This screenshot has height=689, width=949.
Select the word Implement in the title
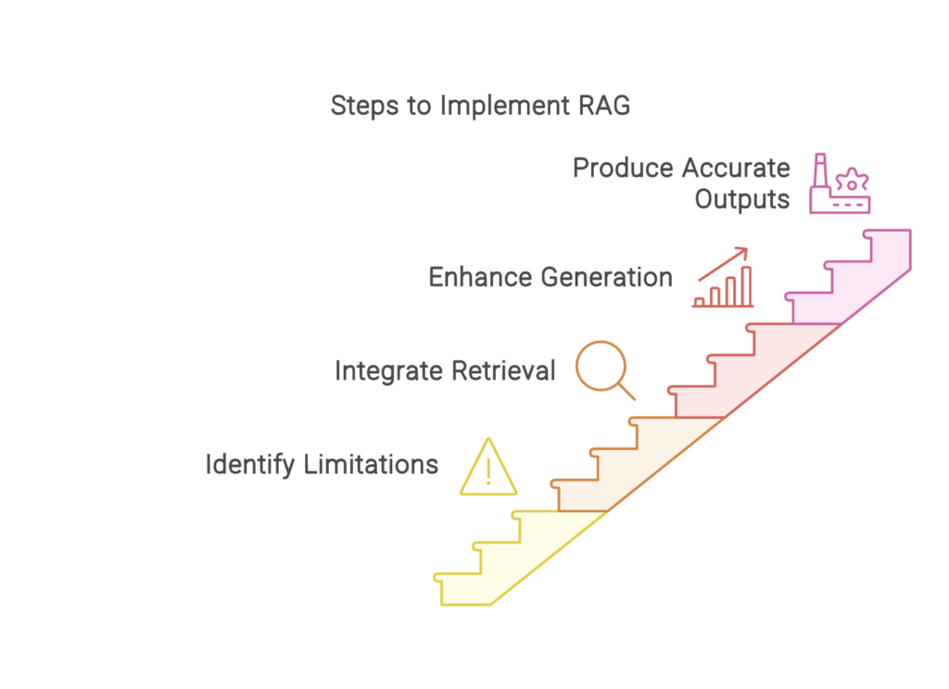(x=505, y=106)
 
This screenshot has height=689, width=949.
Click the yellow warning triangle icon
(x=488, y=467)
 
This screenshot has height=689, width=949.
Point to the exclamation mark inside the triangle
(x=488, y=471)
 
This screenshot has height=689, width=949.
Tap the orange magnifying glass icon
(x=605, y=370)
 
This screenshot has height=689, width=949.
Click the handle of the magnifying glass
(x=626, y=391)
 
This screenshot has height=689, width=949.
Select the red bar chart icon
(x=723, y=277)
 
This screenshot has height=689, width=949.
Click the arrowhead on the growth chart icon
(x=742, y=252)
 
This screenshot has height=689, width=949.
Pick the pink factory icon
(x=840, y=183)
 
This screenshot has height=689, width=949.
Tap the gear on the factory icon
(x=852, y=182)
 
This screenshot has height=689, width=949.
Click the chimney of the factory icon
(x=820, y=170)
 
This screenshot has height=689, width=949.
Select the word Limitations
(x=371, y=465)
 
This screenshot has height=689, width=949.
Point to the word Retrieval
(x=503, y=370)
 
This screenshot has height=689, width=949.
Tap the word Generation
(x=606, y=277)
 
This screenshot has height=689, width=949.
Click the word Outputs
(x=742, y=200)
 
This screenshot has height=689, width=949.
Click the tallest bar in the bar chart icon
(x=746, y=287)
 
